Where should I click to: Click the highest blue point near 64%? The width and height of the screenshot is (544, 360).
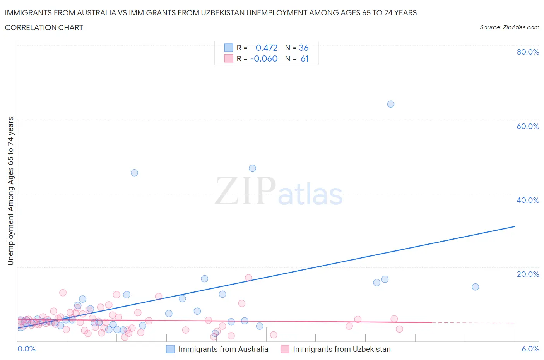(390, 104)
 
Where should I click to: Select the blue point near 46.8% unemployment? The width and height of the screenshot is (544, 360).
(252, 168)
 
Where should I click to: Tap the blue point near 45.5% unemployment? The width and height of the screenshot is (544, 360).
(134, 173)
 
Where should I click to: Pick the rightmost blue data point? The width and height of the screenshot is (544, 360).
(475, 287)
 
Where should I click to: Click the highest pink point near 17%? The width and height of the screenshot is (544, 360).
(248, 278)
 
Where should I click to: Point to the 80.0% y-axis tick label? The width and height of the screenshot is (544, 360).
(528, 52)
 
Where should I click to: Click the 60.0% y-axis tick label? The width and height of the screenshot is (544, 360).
(528, 126)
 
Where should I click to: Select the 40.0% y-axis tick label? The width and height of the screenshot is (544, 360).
(528, 200)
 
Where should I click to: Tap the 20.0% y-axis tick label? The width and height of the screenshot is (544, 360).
(528, 274)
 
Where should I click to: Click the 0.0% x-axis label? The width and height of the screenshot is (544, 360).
(26, 349)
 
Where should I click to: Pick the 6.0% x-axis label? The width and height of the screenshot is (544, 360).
(530, 349)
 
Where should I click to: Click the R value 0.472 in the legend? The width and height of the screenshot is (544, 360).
(267, 48)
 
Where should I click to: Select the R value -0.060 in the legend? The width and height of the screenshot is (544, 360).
(264, 58)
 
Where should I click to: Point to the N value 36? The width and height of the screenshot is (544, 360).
(304, 48)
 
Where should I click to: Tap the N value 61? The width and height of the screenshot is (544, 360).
(305, 58)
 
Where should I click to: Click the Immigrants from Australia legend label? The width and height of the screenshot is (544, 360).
(223, 349)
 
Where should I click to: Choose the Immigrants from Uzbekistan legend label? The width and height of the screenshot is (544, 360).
(342, 349)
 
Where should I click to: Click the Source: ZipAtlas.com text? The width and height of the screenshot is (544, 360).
(509, 27)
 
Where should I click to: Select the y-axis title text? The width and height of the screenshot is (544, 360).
(10, 191)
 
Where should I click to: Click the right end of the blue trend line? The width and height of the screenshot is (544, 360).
(515, 226)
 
